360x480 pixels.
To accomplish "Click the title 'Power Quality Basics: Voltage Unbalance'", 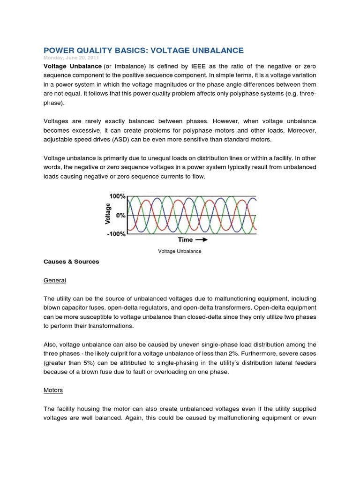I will [x=143, y=50].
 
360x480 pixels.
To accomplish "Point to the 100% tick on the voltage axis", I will [x=117, y=197].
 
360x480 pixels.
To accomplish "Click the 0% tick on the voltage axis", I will [x=120, y=215].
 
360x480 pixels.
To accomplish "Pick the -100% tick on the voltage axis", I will [x=115, y=233].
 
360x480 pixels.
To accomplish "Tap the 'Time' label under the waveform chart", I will [x=185, y=240].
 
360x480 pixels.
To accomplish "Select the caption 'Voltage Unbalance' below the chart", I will [x=180, y=251].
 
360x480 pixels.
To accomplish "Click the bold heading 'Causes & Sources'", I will [x=71, y=262].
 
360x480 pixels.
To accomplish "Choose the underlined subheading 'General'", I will [x=55, y=280].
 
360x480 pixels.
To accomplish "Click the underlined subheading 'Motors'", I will [x=53, y=390].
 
